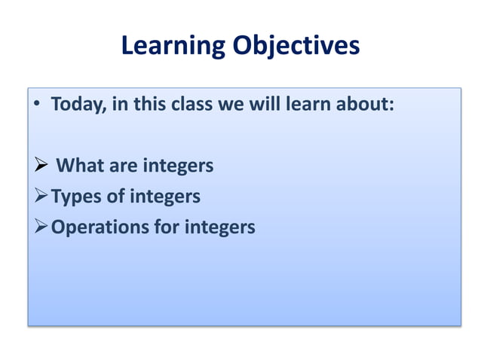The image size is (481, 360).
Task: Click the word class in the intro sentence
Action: [x=192, y=104]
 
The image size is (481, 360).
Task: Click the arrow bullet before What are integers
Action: [x=42, y=166]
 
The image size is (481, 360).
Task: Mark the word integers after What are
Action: [x=178, y=166]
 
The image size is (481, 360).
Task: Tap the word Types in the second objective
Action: [x=76, y=197]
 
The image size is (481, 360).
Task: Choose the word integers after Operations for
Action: [x=220, y=227]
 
